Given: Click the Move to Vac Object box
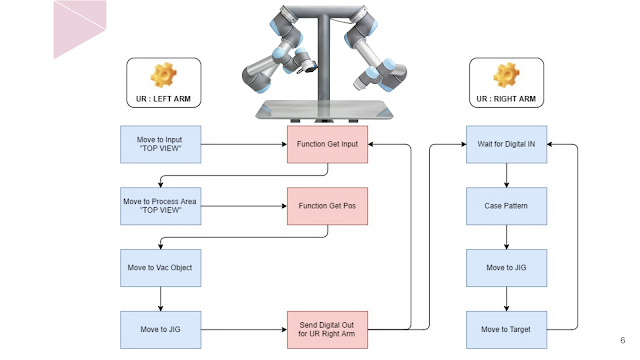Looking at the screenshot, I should (160, 267).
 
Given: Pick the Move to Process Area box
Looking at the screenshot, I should (160, 206).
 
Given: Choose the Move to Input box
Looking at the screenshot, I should (160, 144).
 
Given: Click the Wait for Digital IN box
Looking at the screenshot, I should (506, 144).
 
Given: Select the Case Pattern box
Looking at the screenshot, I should (506, 205).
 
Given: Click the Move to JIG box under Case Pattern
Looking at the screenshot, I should (506, 267).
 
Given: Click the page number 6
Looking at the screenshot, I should (622, 339).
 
